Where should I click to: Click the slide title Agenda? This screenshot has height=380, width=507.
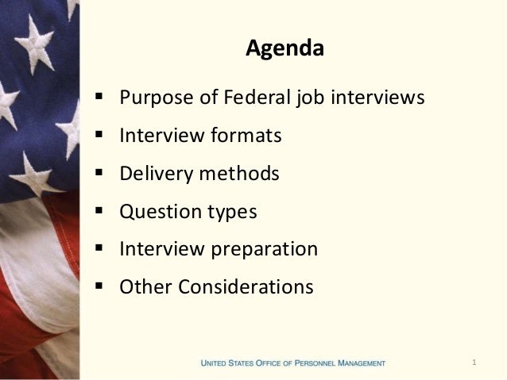click(x=284, y=50)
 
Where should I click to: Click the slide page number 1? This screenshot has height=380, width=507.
click(x=474, y=363)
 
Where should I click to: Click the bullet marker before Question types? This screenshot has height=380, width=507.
click(x=98, y=212)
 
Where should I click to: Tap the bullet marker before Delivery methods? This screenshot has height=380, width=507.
click(x=98, y=174)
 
